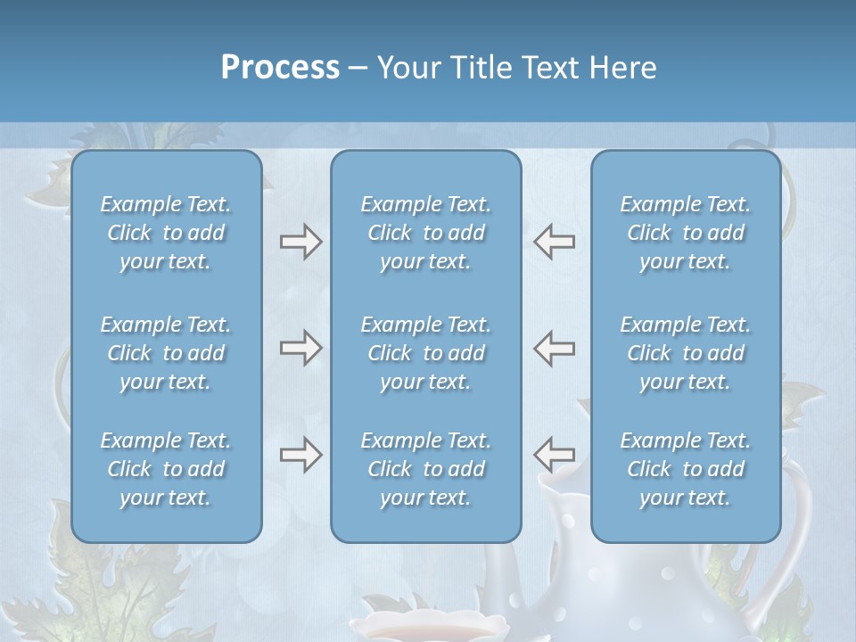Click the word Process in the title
click(x=280, y=68)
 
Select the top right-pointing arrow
click(x=300, y=242)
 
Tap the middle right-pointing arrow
click(x=300, y=348)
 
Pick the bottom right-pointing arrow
click(x=300, y=455)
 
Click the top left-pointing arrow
click(x=555, y=242)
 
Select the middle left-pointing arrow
click(x=555, y=348)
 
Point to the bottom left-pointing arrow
click(x=555, y=455)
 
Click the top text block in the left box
click(x=166, y=233)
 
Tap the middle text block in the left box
click(x=166, y=353)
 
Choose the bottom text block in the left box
click(x=166, y=469)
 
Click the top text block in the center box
click(x=425, y=233)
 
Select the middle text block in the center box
click(x=425, y=353)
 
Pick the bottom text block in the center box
click(x=425, y=469)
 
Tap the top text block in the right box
click(x=686, y=233)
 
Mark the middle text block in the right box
click(x=686, y=353)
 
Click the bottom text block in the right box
click(x=686, y=469)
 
